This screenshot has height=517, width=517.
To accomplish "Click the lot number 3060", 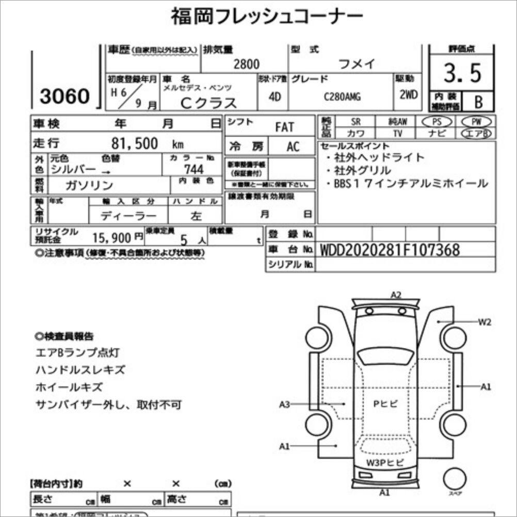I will (x=64, y=96).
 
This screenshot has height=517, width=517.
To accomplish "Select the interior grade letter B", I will (x=478, y=102).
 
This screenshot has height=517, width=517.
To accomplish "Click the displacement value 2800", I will (x=247, y=64).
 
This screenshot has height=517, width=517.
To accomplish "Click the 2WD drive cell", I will (x=408, y=95).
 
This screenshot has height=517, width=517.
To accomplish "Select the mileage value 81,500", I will (x=135, y=143).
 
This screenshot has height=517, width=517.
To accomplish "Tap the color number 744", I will (x=193, y=169).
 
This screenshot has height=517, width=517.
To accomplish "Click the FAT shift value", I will (x=284, y=127).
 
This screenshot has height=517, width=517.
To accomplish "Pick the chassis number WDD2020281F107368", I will (x=390, y=250).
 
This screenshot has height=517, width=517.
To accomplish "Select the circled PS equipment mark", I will (x=436, y=122).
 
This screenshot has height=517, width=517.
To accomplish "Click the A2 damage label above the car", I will (x=396, y=295).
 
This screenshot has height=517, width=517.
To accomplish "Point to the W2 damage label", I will (x=484, y=322).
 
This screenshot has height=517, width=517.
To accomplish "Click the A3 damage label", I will (x=285, y=404).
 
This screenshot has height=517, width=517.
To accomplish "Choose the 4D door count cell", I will (x=274, y=96).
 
